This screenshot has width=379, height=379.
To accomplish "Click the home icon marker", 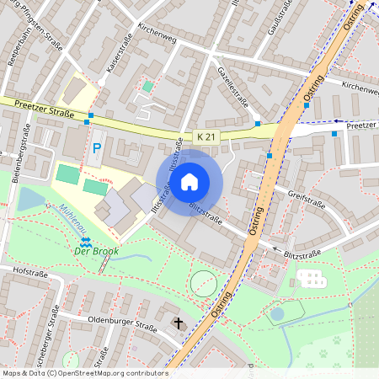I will [x=189, y=180].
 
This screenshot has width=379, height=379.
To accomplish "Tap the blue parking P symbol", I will [x=97, y=148].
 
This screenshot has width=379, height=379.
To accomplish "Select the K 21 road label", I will [x=206, y=136].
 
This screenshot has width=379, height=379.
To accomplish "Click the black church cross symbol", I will [x=178, y=323].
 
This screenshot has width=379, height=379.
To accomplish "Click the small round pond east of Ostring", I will [x=277, y=314].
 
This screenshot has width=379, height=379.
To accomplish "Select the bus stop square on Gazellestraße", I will [x=258, y=124].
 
